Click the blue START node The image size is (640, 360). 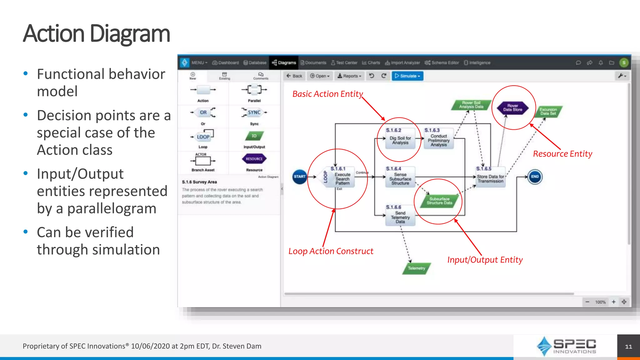click(299, 177)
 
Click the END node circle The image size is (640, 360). click(535, 177)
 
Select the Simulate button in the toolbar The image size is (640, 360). click(407, 76)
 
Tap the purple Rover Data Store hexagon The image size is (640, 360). click(512, 108)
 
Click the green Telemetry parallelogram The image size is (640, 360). click(417, 268)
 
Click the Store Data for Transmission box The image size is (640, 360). click(490, 178)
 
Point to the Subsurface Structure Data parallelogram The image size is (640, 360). click(439, 201)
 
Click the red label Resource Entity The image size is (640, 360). click(562, 154)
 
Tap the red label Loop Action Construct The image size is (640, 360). click(331, 251)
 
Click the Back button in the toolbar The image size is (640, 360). click(294, 76)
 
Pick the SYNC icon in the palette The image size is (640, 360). click(254, 112)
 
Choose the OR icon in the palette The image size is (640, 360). click(203, 112)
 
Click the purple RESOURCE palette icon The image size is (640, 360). click(254, 159)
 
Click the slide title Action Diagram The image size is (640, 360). click(96, 34)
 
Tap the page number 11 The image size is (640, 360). click(628, 347)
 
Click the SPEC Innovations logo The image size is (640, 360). click(566, 346)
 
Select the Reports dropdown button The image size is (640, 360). click(349, 76)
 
